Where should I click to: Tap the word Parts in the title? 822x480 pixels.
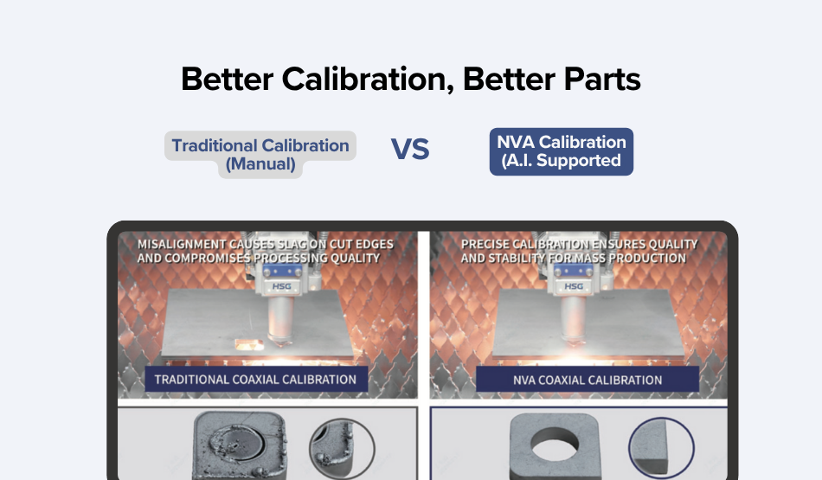coord(601,80)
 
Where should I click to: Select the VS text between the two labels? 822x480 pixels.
coord(410,150)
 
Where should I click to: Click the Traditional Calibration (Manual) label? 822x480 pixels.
coord(260,154)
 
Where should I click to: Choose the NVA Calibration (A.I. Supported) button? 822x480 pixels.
coord(561,151)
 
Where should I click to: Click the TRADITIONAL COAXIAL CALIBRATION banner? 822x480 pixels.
coord(255,379)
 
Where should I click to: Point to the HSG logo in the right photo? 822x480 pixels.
coord(573,286)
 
